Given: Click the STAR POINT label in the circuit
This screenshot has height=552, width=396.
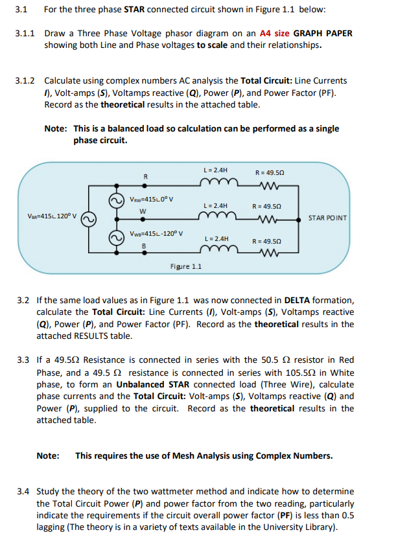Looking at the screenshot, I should pos(328,217).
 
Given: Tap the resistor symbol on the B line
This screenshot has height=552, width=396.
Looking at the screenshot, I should pos(268,252).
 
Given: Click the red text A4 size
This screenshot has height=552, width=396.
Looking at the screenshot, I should pos(277,33).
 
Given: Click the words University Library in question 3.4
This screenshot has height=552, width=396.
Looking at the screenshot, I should pos(300,527).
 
